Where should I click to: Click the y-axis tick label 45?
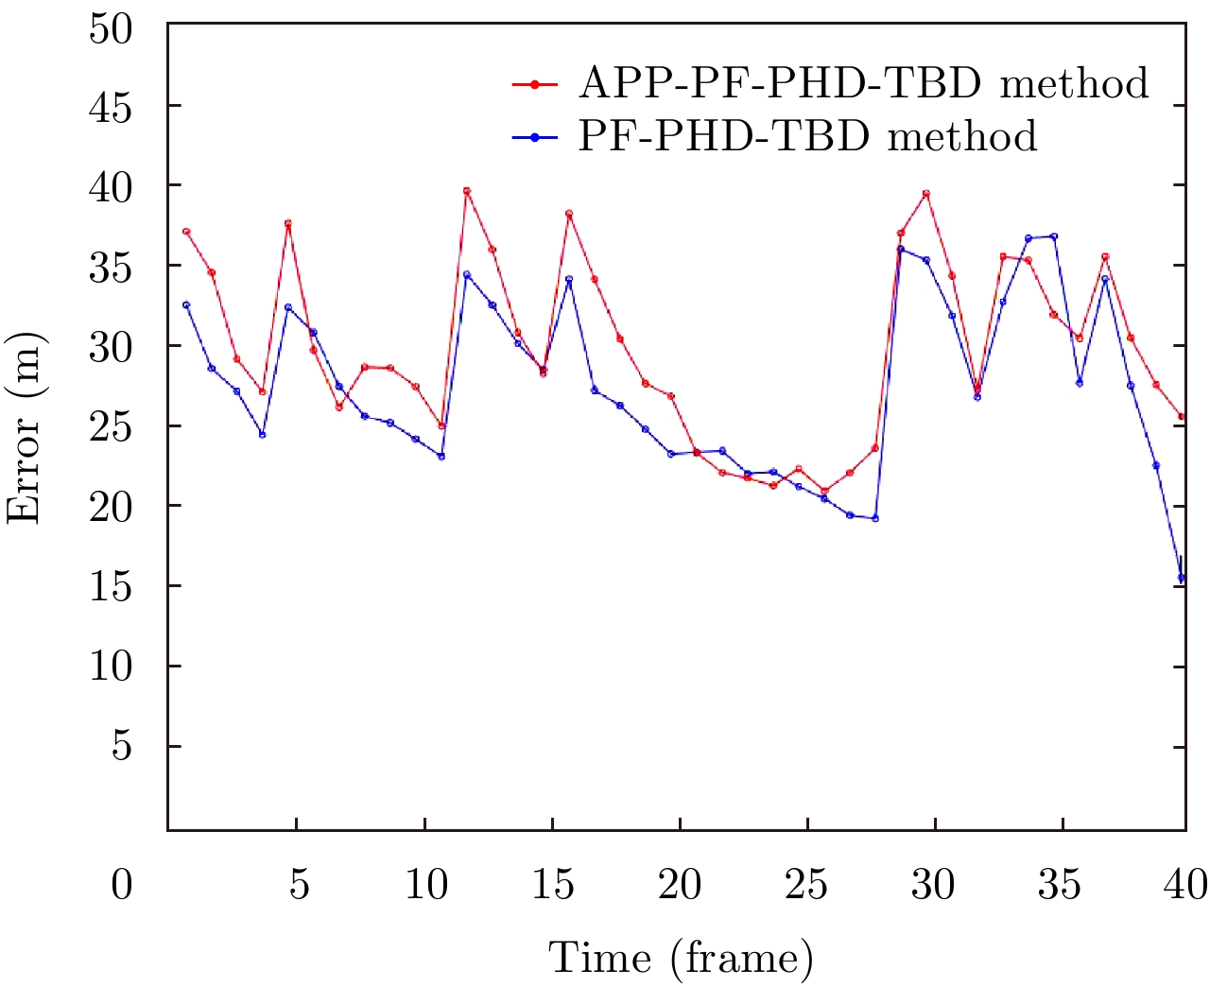(x=110, y=107)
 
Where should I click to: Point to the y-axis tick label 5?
(x=122, y=747)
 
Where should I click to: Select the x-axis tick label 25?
(x=806, y=885)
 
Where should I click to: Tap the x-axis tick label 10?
(x=425, y=885)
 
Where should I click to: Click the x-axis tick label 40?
(x=1185, y=885)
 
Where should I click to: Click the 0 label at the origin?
(x=122, y=886)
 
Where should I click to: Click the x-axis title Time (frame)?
(x=681, y=958)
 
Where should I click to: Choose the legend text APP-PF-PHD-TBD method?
(x=863, y=83)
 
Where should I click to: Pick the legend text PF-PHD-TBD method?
(x=807, y=136)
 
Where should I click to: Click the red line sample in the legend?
(x=535, y=84)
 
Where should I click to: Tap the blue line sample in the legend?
(x=535, y=137)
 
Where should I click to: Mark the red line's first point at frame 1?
(x=186, y=232)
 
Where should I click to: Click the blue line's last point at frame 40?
(x=1182, y=578)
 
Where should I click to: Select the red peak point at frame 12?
(x=467, y=191)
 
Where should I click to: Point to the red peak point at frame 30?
(x=926, y=194)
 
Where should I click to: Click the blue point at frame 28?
(x=875, y=518)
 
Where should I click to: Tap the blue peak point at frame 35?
(x=1054, y=236)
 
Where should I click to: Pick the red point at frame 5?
(x=288, y=224)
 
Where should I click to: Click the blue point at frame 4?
(x=263, y=434)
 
